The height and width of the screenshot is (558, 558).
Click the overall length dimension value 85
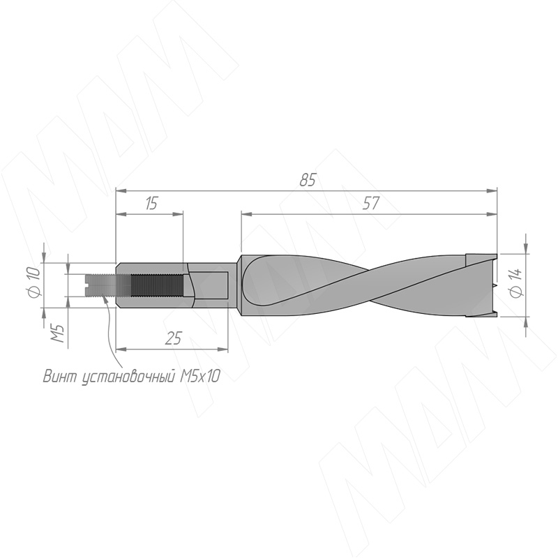(308, 180)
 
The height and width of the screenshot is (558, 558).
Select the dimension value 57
(371, 203)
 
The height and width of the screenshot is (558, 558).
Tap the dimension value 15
(151, 203)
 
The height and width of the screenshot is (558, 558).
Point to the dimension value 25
(174, 338)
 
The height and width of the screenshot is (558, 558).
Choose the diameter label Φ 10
(33, 283)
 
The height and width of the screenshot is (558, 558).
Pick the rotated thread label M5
(58, 333)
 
